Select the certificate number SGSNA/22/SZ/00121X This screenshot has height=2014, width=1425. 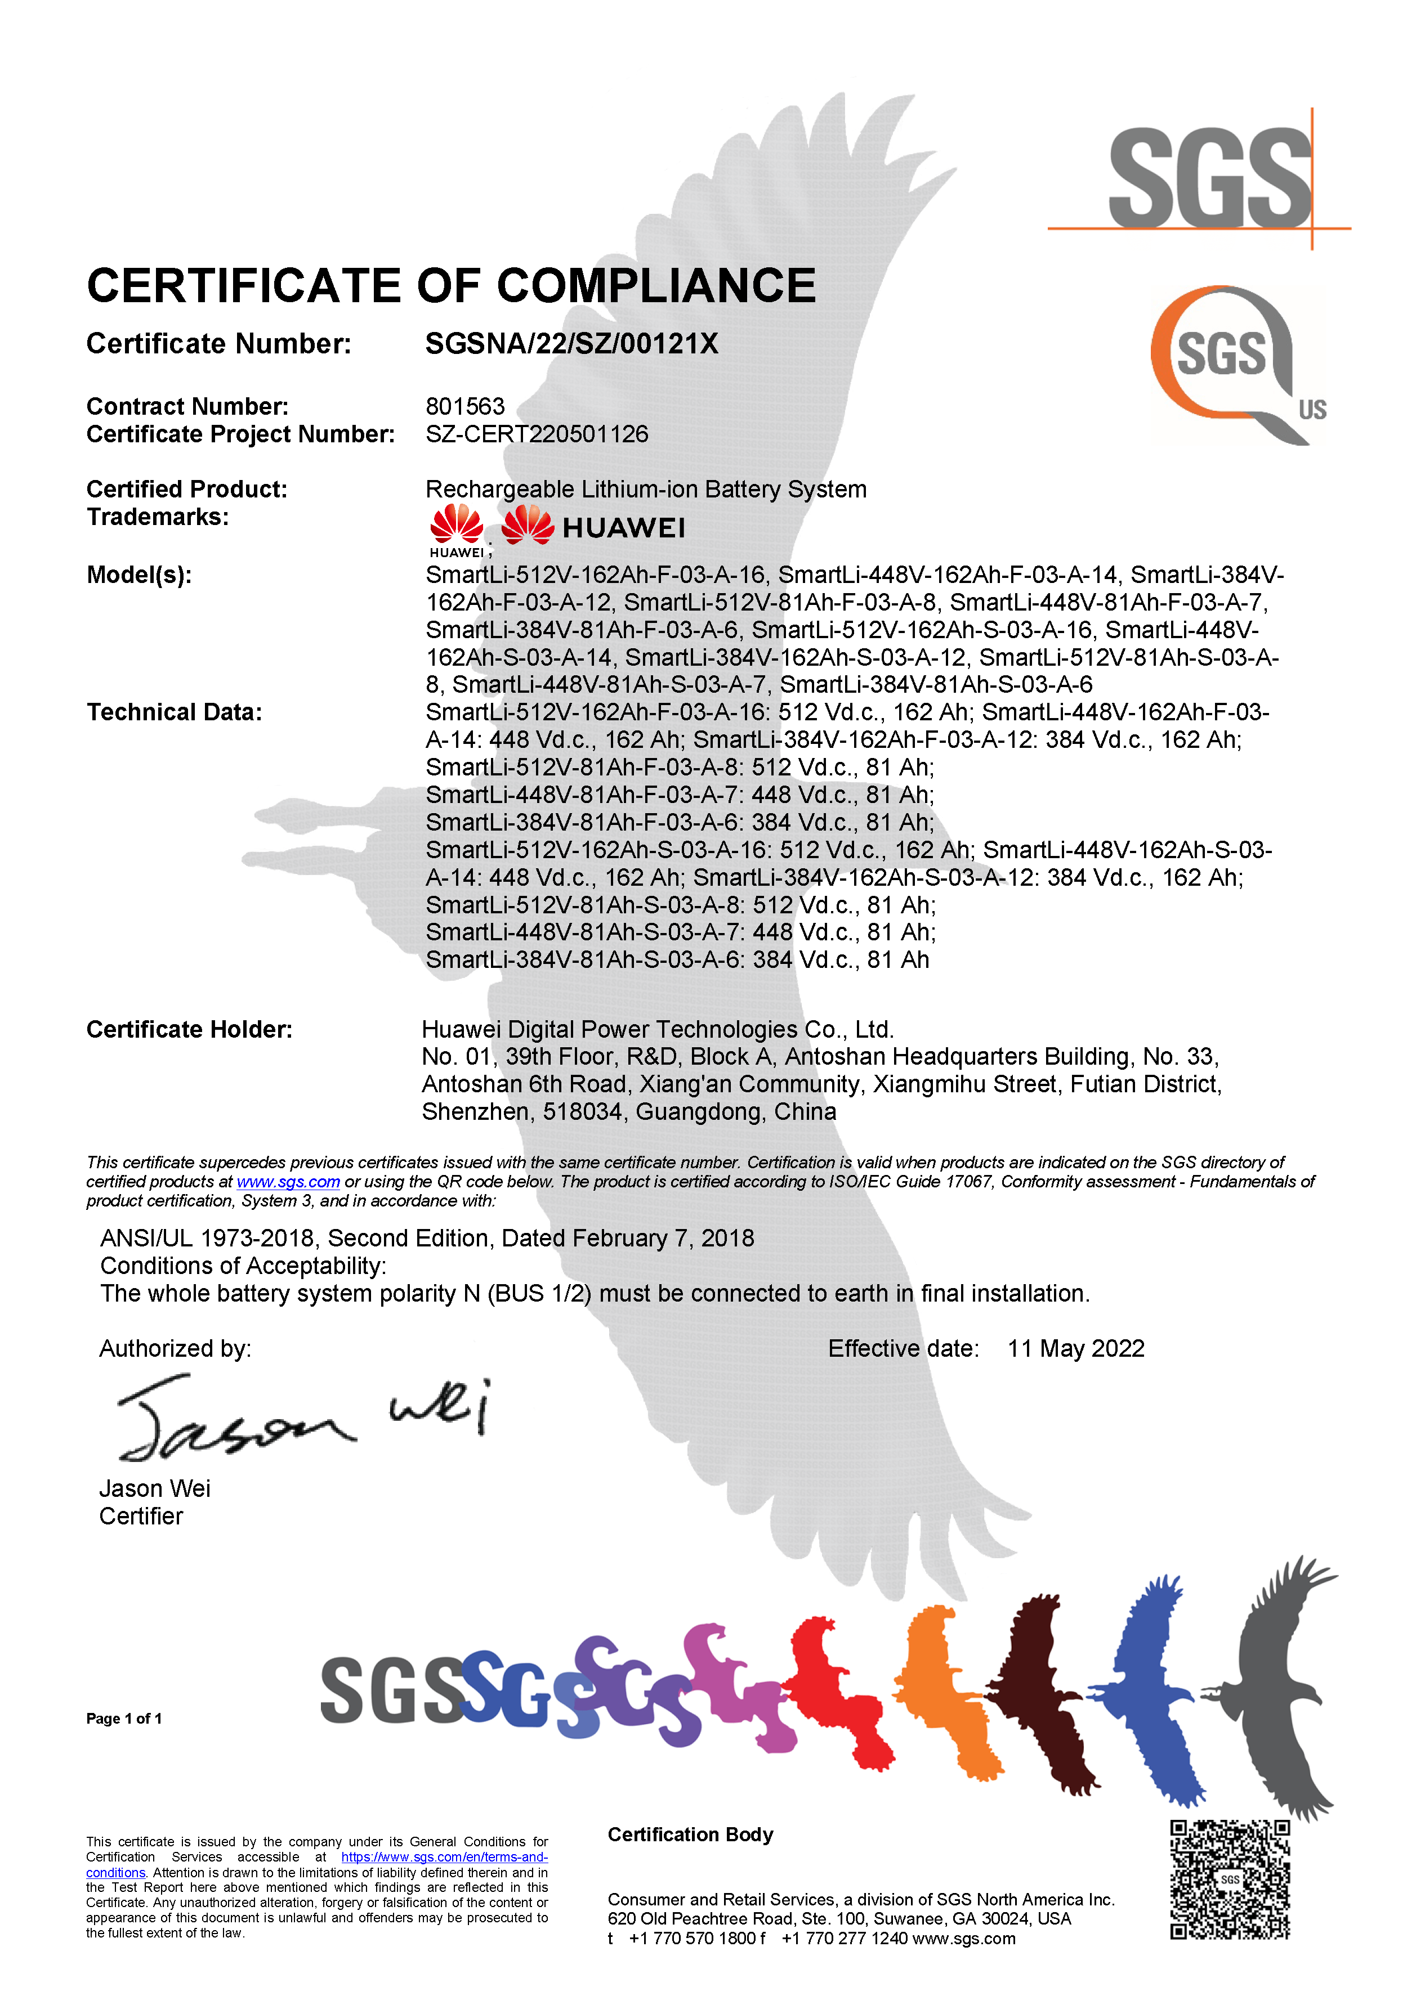(x=571, y=344)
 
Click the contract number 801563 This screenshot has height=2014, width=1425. (x=465, y=406)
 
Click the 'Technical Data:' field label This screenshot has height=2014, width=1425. (x=174, y=712)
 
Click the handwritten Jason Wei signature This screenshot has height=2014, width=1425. (x=298, y=1419)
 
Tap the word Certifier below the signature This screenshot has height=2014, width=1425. (x=140, y=1516)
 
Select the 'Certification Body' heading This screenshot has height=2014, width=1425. (x=690, y=1834)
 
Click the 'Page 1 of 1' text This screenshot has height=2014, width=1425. (x=124, y=1719)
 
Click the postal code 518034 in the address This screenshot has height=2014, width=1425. (x=582, y=1113)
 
